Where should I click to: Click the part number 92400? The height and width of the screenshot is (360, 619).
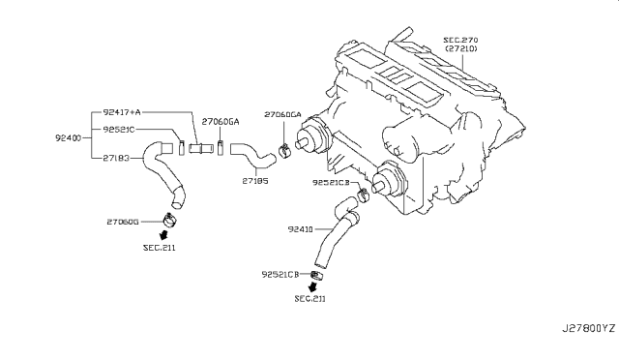(x=68, y=138)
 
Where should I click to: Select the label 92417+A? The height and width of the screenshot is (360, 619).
(x=122, y=112)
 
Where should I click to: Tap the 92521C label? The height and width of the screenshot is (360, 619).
(x=119, y=130)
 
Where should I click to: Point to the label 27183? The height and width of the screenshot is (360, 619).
(x=116, y=158)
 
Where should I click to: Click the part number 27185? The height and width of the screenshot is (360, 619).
(x=255, y=181)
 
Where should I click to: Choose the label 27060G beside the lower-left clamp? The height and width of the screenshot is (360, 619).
(x=123, y=222)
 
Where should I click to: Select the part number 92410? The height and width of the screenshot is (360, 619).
(x=301, y=229)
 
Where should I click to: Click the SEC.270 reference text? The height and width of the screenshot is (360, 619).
(x=460, y=40)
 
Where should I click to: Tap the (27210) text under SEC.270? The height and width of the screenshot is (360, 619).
(x=461, y=48)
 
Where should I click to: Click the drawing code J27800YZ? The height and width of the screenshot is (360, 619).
(x=589, y=328)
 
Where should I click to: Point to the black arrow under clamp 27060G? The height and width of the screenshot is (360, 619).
(x=163, y=235)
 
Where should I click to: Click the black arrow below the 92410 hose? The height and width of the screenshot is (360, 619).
(x=312, y=286)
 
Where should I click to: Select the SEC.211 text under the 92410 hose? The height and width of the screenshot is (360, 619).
(x=310, y=299)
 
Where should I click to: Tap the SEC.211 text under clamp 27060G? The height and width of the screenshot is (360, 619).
(x=159, y=248)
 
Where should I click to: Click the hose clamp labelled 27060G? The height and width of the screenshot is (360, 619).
(x=170, y=220)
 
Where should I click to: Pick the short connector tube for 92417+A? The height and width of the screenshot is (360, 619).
(x=201, y=149)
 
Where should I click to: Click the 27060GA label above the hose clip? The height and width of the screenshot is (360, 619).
(x=282, y=114)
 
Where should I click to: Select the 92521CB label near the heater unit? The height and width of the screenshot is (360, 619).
(x=331, y=182)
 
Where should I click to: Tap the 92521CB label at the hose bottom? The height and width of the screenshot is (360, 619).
(x=280, y=274)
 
